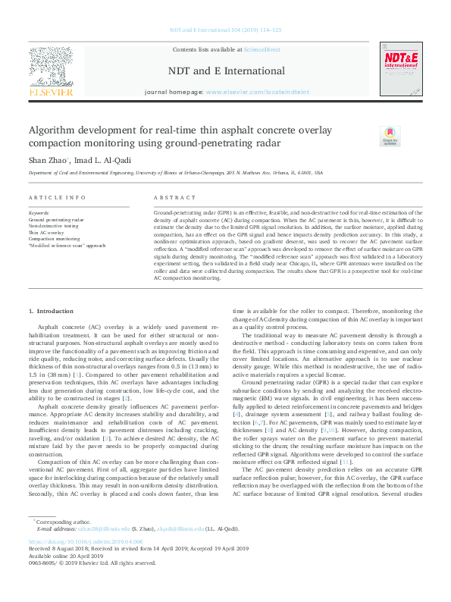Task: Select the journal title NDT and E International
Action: pos(226,71)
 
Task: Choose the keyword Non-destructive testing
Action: pos(53,226)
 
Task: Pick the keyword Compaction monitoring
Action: pos(55,239)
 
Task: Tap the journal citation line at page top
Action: pos(225,30)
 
